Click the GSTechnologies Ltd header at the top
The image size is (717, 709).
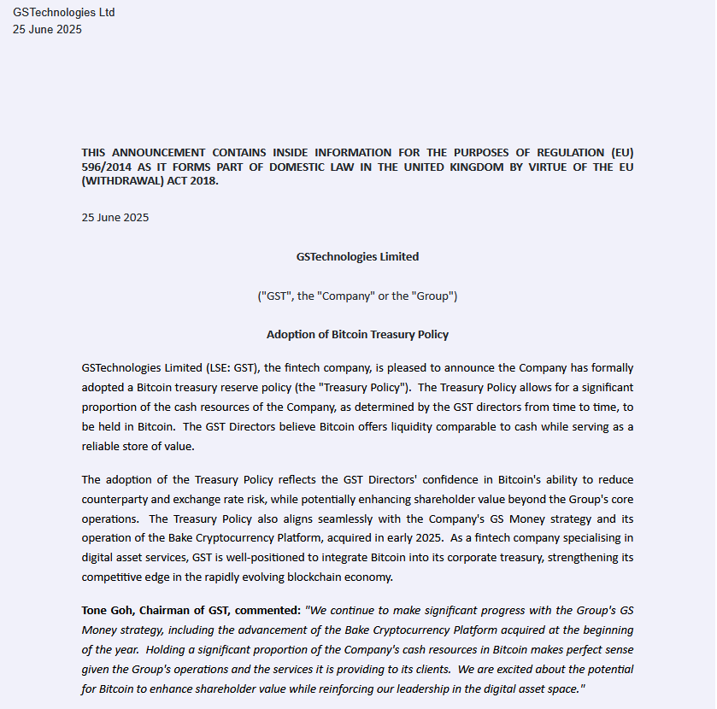[63, 13]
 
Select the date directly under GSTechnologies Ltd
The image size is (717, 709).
[47, 29]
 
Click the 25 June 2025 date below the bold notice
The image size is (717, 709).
[115, 217]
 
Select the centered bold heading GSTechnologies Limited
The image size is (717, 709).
[357, 256]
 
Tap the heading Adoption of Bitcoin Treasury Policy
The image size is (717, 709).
[357, 335]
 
